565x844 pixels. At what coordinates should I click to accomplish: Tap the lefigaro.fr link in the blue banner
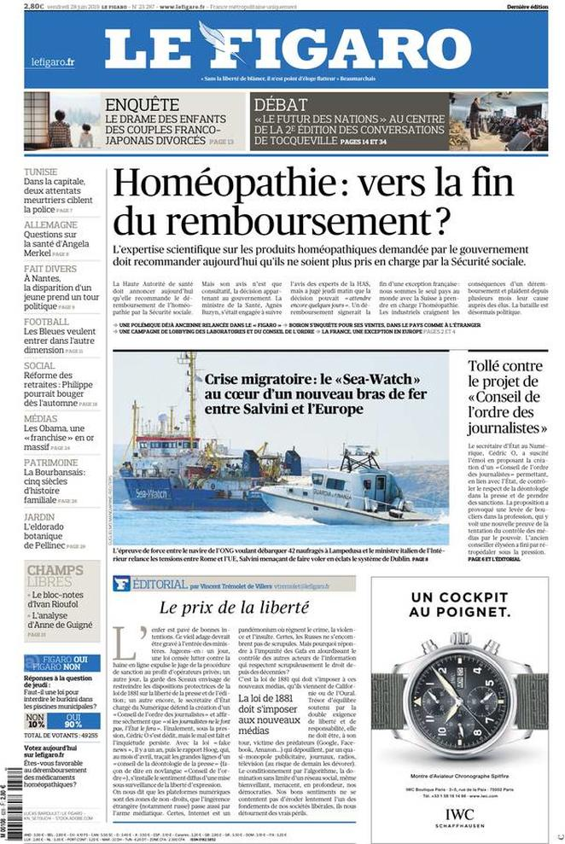(x=53, y=62)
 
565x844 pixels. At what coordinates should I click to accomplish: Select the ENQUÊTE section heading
(x=142, y=104)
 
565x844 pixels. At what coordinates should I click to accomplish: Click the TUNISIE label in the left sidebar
(x=41, y=172)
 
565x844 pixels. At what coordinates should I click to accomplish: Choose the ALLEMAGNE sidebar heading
(x=50, y=224)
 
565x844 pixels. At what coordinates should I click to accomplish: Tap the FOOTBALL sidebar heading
(x=47, y=322)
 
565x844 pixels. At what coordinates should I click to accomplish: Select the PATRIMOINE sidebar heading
(x=50, y=463)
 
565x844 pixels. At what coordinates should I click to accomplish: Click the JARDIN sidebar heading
(x=39, y=517)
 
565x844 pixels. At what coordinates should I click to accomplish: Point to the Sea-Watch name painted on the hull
(x=152, y=493)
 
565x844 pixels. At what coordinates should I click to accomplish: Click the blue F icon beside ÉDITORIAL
(x=121, y=585)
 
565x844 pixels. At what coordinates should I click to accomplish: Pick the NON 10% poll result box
(x=36, y=719)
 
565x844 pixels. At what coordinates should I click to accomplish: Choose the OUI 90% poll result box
(x=73, y=719)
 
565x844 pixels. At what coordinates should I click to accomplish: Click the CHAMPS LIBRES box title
(x=55, y=576)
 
